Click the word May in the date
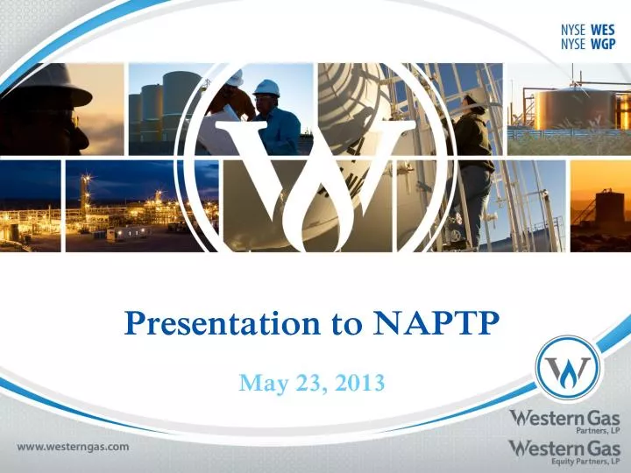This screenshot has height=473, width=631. click(x=261, y=382)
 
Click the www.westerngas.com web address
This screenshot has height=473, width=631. click(x=74, y=446)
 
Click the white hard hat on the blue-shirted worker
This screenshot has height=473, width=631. click(x=266, y=88)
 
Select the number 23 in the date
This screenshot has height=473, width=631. click(x=308, y=382)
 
